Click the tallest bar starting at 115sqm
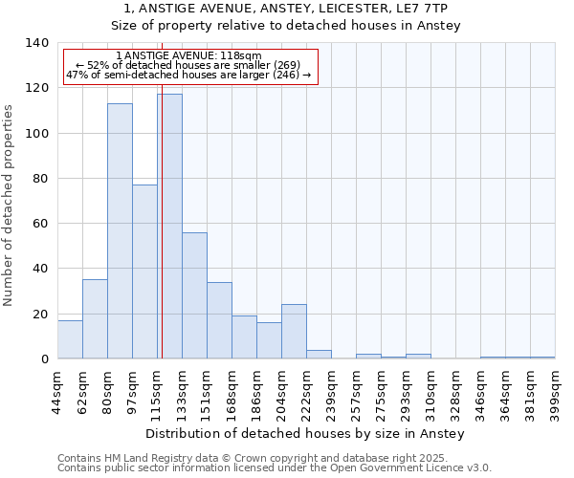[169, 227]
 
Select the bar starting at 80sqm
[120, 231]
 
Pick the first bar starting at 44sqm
[70, 339]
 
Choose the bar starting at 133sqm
[194, 295]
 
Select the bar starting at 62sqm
[95, 319]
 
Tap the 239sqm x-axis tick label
[331, 394]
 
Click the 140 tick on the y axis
[37, 43]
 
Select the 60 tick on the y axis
[41, 224]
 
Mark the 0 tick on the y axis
[45, 359]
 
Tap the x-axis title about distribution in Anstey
[306, 434]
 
